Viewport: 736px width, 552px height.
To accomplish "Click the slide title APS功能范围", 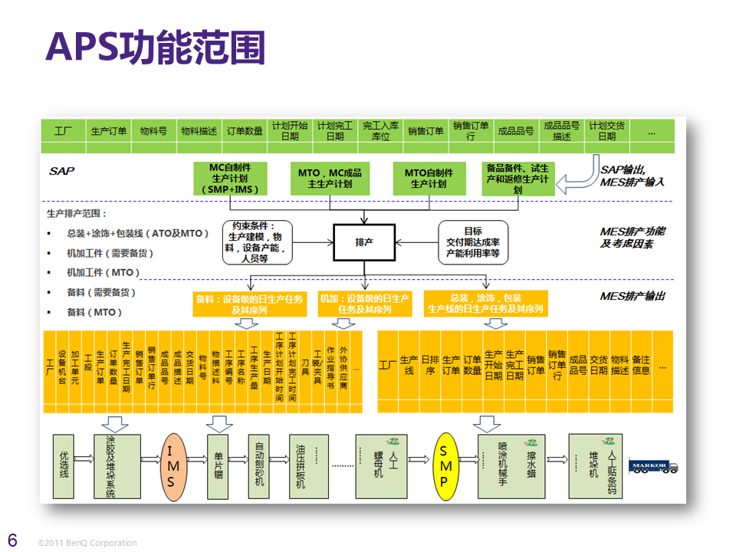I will tap(156, 47).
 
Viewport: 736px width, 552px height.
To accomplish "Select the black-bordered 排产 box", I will tap(363, 242).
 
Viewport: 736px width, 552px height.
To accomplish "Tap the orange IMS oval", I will tap(171, 468).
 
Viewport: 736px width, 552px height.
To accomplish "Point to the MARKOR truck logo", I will tap(649, 465).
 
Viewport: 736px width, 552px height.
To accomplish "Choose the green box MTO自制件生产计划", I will tap(429, 179).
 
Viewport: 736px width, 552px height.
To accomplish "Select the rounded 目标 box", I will tap(472, 242).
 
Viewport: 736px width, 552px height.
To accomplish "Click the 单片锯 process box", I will tap(219, 465).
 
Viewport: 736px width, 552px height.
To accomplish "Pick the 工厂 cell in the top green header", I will tap(63, 130).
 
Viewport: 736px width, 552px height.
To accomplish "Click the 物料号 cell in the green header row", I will tap(153, 130).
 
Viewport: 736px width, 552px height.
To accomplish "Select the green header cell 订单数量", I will tap(245, 130).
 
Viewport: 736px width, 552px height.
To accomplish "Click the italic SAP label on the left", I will tap(61, 171).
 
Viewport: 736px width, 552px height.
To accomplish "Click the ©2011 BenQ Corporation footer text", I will tap(87, 543).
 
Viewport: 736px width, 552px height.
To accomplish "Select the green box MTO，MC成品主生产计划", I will tap(330, 179).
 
